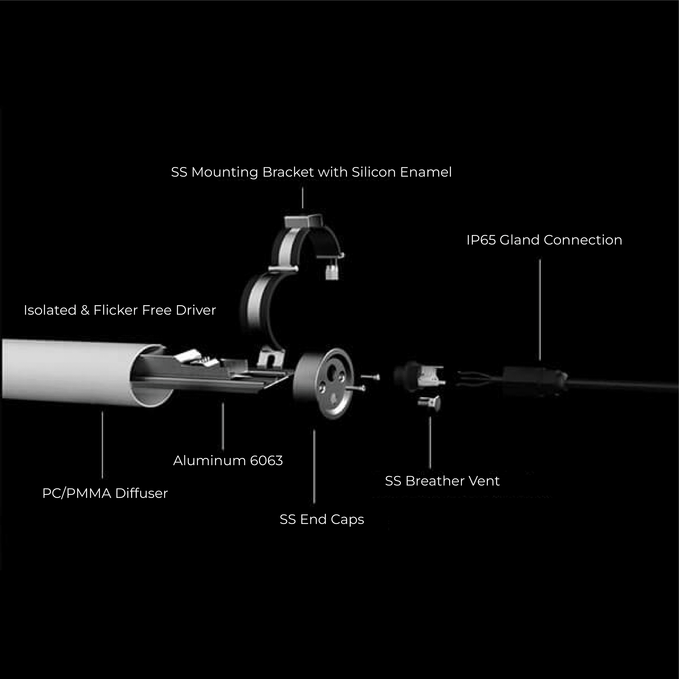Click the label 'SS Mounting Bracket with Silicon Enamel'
click(311, 172)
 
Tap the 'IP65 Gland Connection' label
click(544, 240)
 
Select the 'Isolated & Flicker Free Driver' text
click(119, 310)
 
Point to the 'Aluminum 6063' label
click(228, 461)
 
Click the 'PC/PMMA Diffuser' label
click(105, 493)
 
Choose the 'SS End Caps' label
click(321, 519)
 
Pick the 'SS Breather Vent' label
click(442, 481)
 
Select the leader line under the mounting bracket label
click(303, 198)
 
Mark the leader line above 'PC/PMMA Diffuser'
click(102, 445)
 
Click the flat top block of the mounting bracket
click(303, 222)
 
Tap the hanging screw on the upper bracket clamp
click(331, 271)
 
